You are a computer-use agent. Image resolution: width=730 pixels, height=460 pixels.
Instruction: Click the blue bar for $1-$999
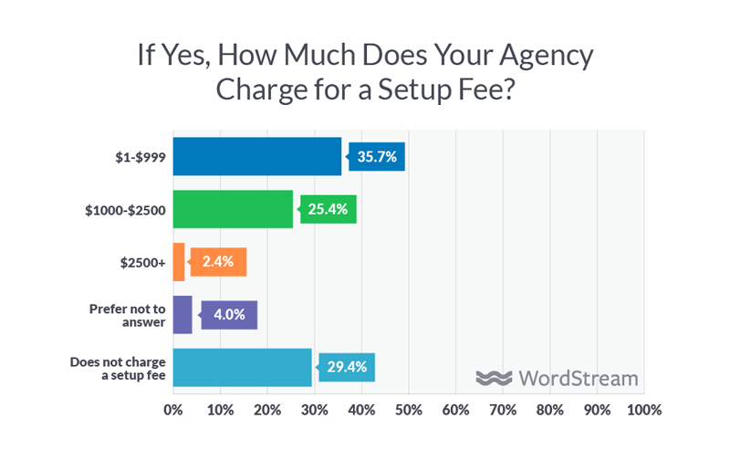(x=256, y=157)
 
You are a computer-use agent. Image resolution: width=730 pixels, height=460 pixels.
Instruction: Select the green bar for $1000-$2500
(x=233, y=209)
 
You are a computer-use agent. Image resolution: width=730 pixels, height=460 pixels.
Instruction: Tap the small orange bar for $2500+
(x=179, y=262)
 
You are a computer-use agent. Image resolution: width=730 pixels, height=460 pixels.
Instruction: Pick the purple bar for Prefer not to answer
(x=182, y=315)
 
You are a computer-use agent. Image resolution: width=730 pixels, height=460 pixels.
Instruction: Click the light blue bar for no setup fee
(x=242, y=367)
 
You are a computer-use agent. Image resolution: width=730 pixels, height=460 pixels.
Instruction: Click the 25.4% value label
(x=329, y=209)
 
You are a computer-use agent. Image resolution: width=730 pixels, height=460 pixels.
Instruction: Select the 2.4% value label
(x=219, y=262)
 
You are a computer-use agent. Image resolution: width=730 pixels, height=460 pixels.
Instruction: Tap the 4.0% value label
(x=230, y=315)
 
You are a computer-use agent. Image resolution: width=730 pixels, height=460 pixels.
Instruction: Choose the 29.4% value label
(x=348, y=367)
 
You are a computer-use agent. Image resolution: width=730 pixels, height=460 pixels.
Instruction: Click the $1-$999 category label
(x=136, y=157)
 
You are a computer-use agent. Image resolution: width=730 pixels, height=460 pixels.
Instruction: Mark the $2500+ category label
(x=141, y=262)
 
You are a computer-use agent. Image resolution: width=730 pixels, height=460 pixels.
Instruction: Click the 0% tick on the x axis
(x=172, y=411)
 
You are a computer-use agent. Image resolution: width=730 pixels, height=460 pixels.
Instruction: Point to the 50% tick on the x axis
(x=408, y=411)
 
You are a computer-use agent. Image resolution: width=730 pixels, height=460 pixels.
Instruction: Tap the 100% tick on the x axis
(x=642, y=411)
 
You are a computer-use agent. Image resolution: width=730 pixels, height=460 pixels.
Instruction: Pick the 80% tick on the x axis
(x=549, y=411)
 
